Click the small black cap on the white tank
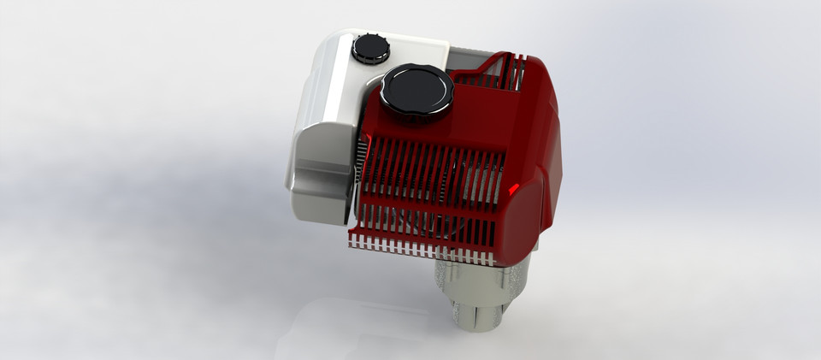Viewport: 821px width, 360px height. click(370, 47)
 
